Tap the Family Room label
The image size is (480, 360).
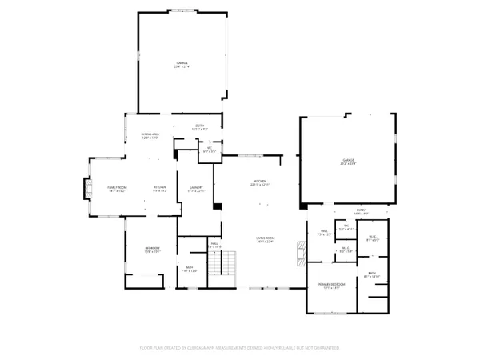pos(118,190)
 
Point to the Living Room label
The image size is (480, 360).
pos(266,239)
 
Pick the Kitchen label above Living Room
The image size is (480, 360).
pos(259,183)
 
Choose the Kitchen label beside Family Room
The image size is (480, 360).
pos(159,190)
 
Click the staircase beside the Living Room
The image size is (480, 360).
pos(230,262)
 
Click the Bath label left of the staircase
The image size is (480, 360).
pos(190,270)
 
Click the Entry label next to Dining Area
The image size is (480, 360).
pos(200,126)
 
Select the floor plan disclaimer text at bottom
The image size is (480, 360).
pos(240,348)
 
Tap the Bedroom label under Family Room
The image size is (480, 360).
pos(152,250)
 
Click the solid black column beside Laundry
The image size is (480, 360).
pos(217,207)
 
